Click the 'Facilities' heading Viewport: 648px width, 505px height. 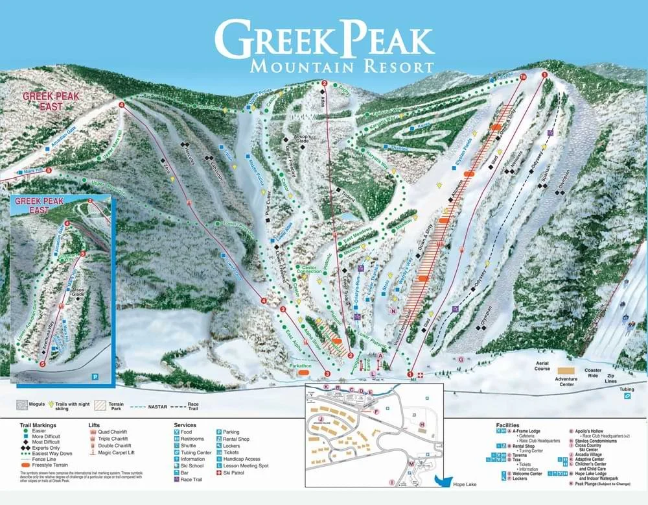tap(509, 425)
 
